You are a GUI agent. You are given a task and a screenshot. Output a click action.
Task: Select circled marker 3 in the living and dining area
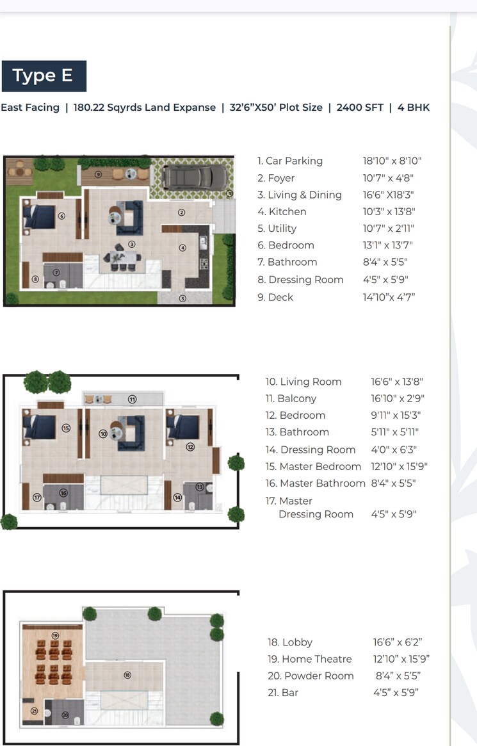point(131,244)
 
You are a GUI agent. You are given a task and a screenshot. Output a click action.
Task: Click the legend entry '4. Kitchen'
point(282,212)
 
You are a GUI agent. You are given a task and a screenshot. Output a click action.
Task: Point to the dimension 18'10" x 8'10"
point(392,161)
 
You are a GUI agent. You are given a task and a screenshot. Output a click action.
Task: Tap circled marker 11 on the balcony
point(132,399)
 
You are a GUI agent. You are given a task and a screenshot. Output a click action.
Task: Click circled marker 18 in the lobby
point(127,675)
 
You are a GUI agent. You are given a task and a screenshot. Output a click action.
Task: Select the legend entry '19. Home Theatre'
point(309,659)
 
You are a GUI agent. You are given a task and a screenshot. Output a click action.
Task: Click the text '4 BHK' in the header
point(414,108)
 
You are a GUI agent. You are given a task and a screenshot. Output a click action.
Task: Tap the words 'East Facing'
point(30,108)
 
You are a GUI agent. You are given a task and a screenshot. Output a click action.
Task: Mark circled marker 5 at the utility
point(182,298)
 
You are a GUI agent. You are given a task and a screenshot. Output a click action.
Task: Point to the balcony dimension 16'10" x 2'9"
point(398,398)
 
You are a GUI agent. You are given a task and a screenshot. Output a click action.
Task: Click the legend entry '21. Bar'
point(283,693)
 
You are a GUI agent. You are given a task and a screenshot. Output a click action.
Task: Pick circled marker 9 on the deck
point(98,174)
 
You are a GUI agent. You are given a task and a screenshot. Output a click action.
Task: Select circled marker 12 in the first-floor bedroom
point(190,447)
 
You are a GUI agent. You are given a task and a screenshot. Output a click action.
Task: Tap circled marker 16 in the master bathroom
point(63,493)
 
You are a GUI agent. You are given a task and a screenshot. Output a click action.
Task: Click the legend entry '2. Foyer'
point(276,178)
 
